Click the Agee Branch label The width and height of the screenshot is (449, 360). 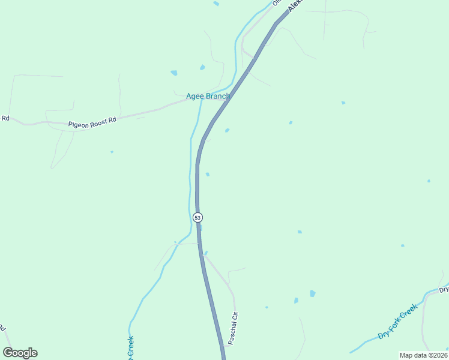pyautogui.click(x=208, y=96)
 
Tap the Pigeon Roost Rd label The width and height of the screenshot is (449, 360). pyautogui.click(x=91, y=122)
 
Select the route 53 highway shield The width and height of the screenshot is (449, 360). pyautogui.click(x=197, y=217)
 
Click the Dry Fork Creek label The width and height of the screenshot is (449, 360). pyautogui.click(x=397, y=322)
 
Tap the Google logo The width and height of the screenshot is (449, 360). pyautogui.click(x=20, y=353)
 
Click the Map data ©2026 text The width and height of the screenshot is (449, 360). pyautogui.click(x=423, y=355)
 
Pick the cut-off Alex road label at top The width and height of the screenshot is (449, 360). pyautogui.click(x=294, y=5)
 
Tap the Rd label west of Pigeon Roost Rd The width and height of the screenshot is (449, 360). pyautogui.click(x=5, y=118)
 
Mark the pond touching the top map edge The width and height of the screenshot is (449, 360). pyautogui.click(x=216, y=4)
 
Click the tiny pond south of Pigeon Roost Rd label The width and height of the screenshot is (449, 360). pyautogui.click(x=112, y=152)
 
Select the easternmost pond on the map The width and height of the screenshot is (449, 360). pyautogui.click(x=429, y=181)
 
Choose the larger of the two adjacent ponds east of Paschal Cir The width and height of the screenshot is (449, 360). pyautogui.click(x=313, y=293)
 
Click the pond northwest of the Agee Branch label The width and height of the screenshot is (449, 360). pyautogui.click(x=174, y=73)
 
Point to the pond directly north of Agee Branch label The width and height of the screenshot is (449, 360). pyautogui.click(x=202, y=67)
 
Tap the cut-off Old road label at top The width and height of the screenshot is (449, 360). pyautogui.click(x=277, y=2)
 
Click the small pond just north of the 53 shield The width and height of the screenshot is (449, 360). pyautogui.click(x=208, y=175)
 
